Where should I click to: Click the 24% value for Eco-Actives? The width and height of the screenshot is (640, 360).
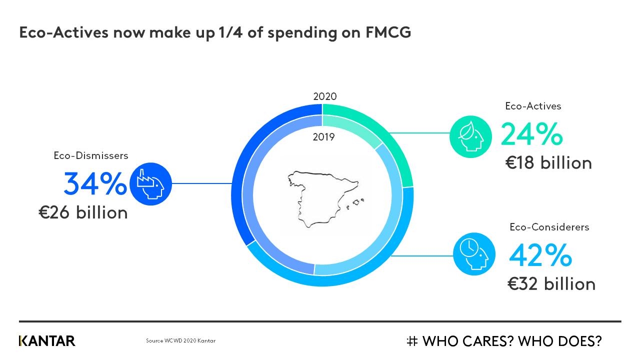tap(531, 135)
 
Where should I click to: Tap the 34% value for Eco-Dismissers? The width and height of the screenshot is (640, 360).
tap(95, 184)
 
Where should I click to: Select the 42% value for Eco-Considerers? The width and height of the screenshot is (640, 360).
tap(540, 255)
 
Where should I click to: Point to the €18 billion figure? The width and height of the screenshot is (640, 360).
tap(548, 163)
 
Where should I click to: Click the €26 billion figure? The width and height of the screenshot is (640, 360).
tap(83, 212)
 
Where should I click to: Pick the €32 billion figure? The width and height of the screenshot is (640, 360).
tap(551, 284)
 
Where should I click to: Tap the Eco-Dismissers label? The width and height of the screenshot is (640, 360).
tap(91, 155)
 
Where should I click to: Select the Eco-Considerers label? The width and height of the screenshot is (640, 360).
tap(549, 227)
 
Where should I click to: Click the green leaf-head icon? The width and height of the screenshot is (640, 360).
tap(470, 136)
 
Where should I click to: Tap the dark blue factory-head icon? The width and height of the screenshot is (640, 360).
tap(150, 184)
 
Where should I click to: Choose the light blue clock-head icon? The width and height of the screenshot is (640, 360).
tap(474, 254)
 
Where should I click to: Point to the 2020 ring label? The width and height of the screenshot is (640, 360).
tap(325, 96)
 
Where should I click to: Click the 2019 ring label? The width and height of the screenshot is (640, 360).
tap(323, 137)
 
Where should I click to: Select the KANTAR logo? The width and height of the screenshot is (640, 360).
tap(47, 341)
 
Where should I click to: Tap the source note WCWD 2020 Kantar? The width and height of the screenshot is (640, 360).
tap(180, 341)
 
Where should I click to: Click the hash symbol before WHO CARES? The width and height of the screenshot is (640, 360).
tap(412, 341)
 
